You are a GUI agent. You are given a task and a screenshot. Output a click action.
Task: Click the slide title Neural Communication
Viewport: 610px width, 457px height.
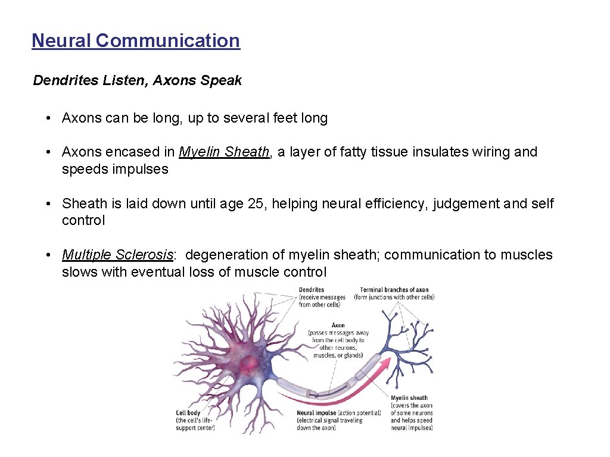coord(136,40)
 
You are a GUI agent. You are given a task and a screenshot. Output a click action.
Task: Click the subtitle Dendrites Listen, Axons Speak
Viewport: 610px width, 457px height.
coord(138,80)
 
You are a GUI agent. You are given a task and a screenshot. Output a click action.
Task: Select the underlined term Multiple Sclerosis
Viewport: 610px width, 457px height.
coord(117,255)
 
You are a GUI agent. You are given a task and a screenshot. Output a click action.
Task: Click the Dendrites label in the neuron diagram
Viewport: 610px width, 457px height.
coord(312,290)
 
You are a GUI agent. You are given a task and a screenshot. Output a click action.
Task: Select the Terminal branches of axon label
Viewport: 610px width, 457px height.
coord(394,290)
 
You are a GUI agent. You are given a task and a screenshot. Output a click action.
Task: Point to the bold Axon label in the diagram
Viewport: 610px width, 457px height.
coord(338,325)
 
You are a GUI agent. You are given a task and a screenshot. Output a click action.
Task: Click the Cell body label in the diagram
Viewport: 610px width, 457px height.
coord(188,412)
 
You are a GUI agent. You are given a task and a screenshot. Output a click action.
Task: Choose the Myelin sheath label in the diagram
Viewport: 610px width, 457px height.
coord(409,398)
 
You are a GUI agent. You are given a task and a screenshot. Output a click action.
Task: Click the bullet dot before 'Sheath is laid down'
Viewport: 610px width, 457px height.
coord(47,204)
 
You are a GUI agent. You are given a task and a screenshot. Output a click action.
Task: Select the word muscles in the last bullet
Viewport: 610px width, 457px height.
coord(527,255)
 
